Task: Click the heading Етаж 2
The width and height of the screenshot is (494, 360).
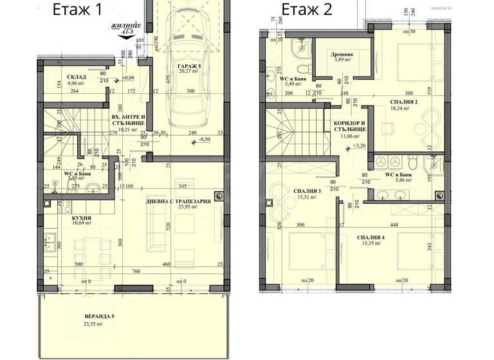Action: (x=306, y=10)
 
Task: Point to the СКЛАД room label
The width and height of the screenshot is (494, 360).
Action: (x=76, y=76)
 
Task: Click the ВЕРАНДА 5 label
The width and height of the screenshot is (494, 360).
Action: (x=100, y=317)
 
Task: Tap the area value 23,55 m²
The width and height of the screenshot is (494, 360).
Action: (x=95, y=325)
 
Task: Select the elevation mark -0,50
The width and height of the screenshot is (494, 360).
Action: (x=205, y=139)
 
